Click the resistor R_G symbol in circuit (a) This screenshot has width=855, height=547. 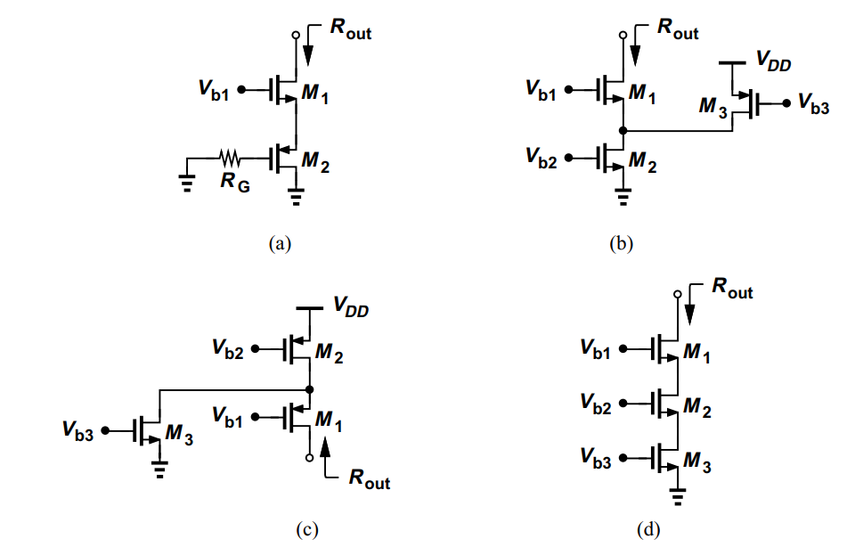(231, 159)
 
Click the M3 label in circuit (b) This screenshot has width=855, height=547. (709, 108)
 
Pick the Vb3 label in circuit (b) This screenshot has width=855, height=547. (814, 103)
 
